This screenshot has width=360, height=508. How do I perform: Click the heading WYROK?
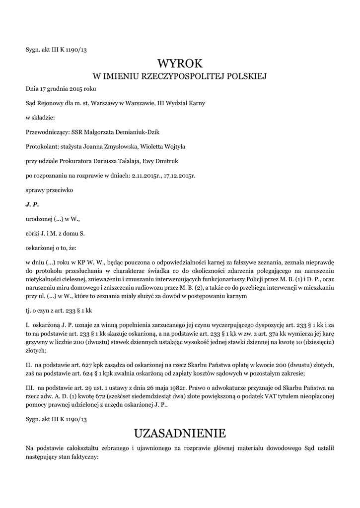[180, 63]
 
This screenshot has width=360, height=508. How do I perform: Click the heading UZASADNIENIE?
[180, 433]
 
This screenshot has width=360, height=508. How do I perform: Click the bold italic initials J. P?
[32, 204]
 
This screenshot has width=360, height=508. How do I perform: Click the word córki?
[33, 233]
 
